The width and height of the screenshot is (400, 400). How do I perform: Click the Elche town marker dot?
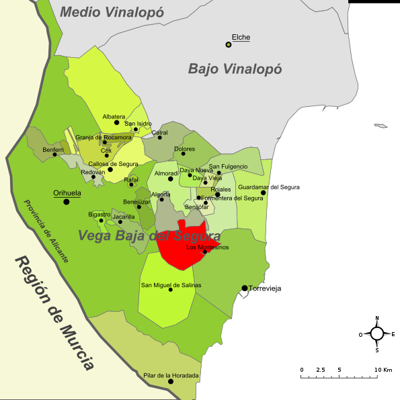tap(229, 44)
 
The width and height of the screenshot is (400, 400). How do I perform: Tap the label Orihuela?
tap(67, 193)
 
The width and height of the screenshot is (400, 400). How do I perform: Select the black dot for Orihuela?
tap(66, 202)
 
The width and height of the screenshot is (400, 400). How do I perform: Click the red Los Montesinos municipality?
tap(182, 245)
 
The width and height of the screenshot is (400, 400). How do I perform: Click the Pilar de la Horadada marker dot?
tap(171, 381)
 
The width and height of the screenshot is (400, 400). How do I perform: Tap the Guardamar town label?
tap(254, 187)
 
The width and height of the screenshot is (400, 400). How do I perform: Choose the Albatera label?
tap(114, 116)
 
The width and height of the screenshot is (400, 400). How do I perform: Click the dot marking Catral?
tap(160, 138)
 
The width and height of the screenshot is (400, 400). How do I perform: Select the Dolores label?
tap(184, 149)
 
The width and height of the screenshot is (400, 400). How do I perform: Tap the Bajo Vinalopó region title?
tap(235, 69)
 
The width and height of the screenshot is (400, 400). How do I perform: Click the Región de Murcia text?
tap(54, 313)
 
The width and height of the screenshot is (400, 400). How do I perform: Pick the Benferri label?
tap(53, 149)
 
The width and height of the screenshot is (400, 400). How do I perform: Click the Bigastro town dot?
tap(102, 221)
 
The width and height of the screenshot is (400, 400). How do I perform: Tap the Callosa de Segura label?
tap(113, 164)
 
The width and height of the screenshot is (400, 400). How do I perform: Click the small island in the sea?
tap(381, 126)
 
